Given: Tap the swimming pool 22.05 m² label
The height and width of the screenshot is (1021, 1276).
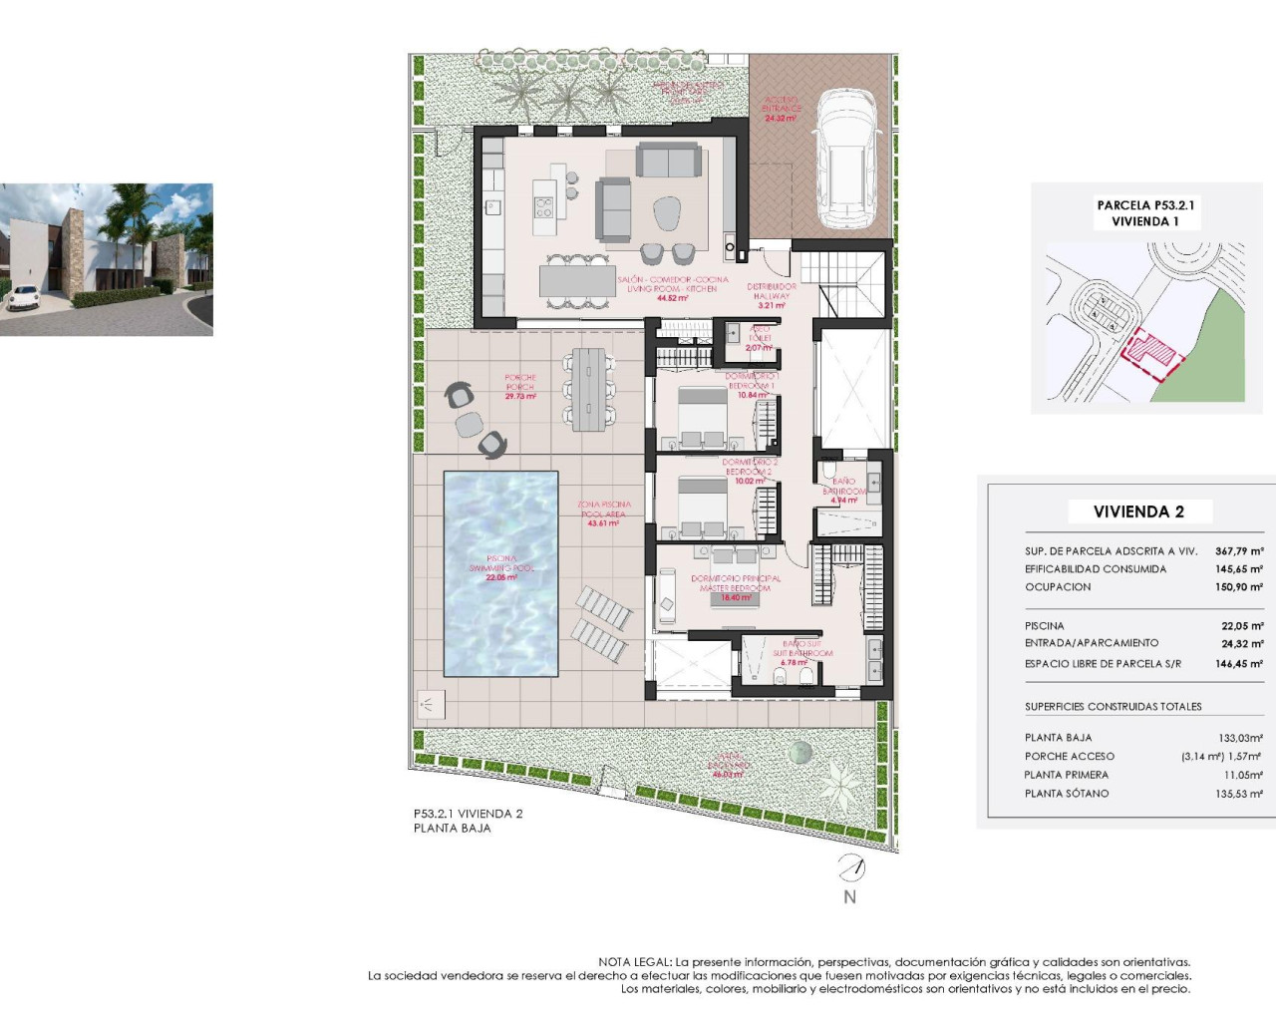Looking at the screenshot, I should tap(501, 568).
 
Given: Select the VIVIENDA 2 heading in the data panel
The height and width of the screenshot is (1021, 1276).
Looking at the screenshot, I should tap(1138, 511).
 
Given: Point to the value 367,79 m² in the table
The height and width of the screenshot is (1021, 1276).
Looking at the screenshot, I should tap(1239, 550).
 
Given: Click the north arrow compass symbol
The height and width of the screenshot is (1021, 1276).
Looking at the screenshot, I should tap(850, 869).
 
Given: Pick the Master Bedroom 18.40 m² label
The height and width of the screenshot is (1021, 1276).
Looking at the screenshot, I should tap(736, 588).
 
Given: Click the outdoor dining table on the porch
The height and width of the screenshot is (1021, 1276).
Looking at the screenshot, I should tap(589, 388).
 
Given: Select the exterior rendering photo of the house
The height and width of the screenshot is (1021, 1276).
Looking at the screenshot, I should tap(106, 259).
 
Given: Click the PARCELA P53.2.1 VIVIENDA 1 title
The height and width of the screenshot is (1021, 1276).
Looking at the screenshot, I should tap(1145, 213).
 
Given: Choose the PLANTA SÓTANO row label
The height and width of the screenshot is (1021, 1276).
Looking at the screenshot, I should tap(1067, 794).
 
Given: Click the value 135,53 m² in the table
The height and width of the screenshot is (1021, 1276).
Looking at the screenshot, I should tap(1239, 794).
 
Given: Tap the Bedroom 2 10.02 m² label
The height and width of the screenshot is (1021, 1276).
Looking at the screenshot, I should tap(750, 472).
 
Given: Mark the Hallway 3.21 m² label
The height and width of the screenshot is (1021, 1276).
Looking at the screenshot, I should tap(771, 296).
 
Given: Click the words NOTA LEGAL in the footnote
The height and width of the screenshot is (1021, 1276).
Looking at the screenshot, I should tap(634, 962).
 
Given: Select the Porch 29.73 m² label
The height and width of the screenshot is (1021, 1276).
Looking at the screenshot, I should tap(520, 387).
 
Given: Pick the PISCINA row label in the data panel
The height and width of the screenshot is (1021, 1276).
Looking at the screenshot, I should tap(1045, 626).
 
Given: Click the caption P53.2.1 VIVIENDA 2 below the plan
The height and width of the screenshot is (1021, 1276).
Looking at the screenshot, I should tap(468, 814).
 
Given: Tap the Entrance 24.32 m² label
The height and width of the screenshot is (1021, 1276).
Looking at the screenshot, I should tap(782, 109).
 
